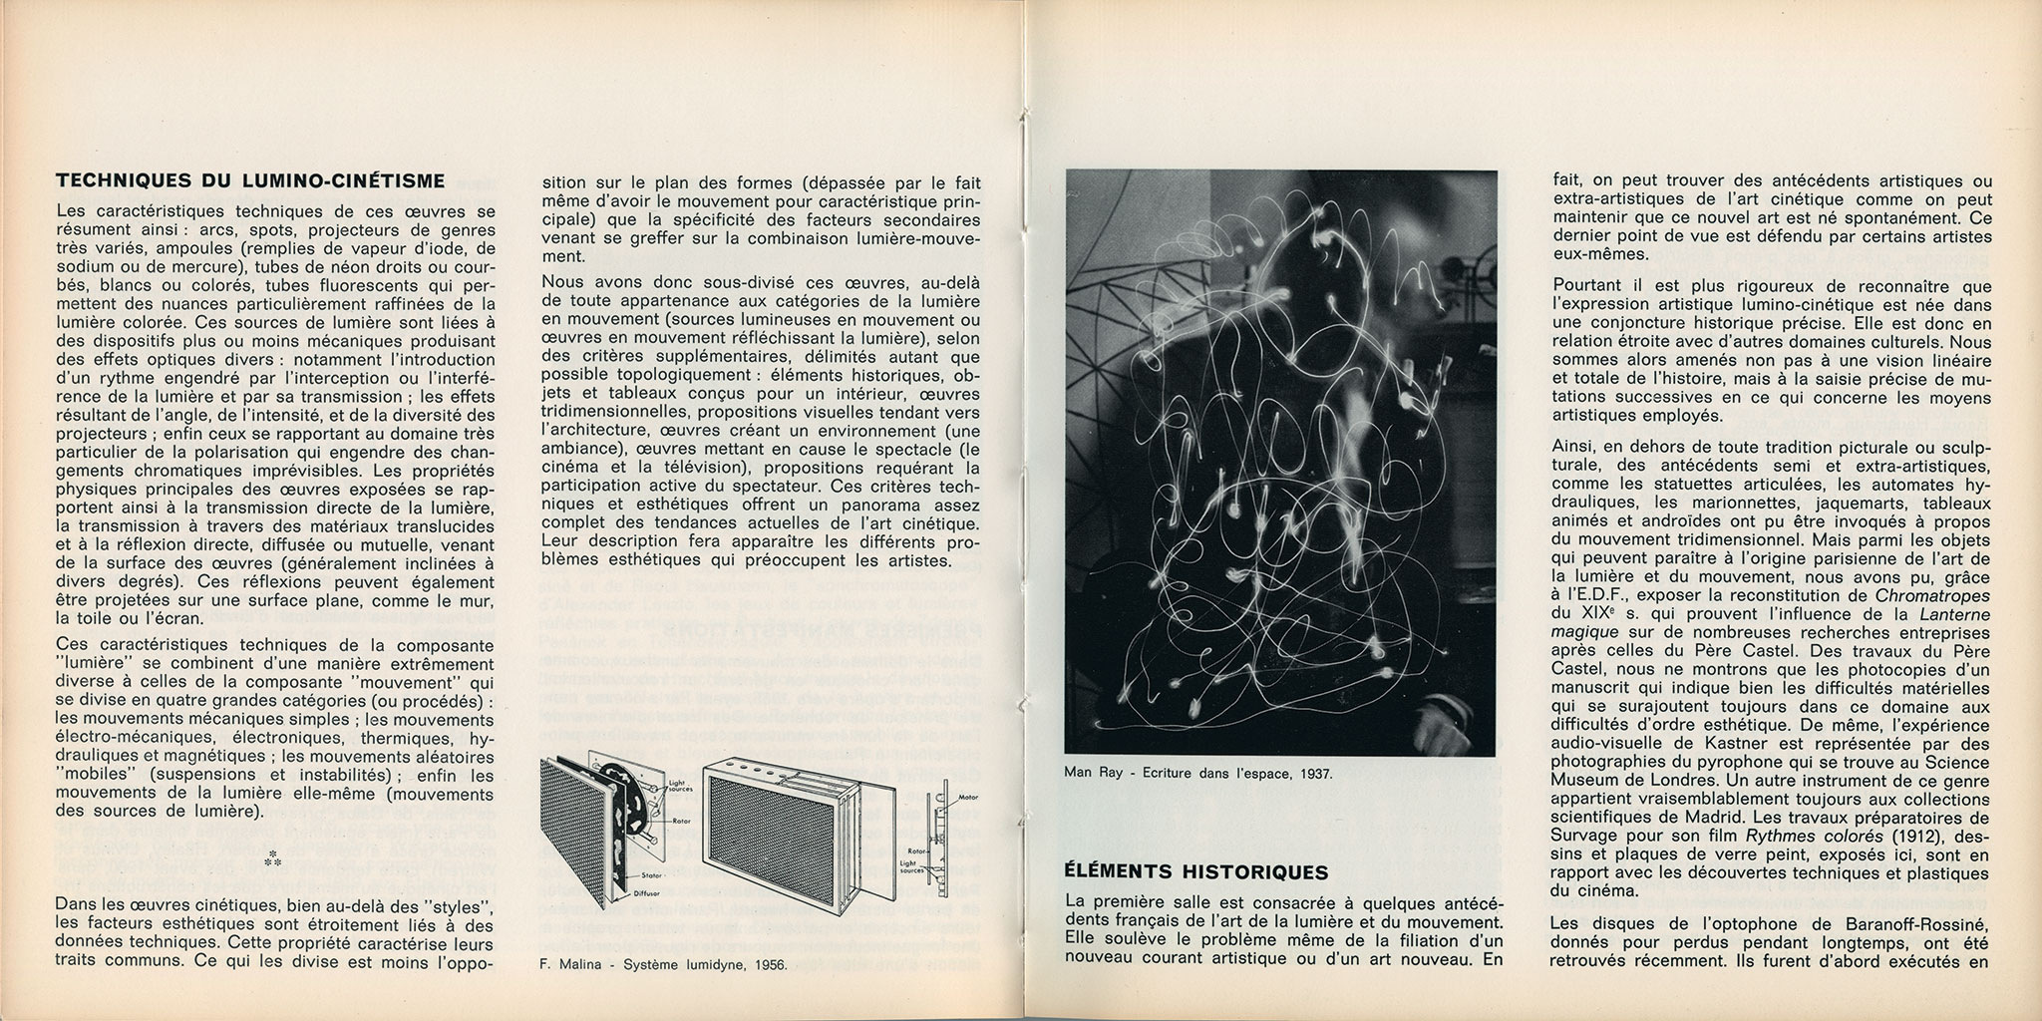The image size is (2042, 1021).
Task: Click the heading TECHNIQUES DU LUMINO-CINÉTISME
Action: tap(250, 180)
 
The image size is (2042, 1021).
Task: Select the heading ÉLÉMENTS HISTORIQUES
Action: tap(1196, 872)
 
